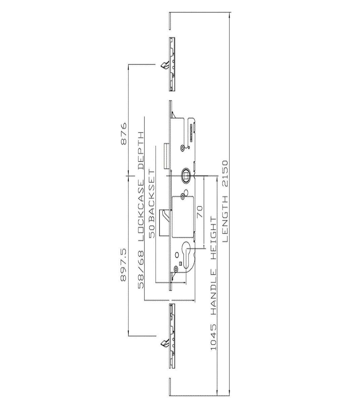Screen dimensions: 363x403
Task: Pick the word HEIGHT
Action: [x=214, y=242]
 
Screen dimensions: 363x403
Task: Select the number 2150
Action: [x=225, y=173]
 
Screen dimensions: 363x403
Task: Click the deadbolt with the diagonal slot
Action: [x=164, y=222]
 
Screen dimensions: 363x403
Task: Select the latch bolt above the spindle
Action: [x=167, y=156]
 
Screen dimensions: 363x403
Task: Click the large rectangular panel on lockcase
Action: [x=183, y=216]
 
